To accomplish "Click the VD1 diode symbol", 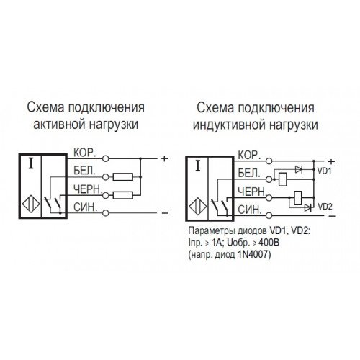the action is (299, 170).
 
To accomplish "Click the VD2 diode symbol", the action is (308, 207).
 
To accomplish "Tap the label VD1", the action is (324, 171).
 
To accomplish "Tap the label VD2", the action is (325, 207).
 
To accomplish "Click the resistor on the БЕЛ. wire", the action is (123, 177).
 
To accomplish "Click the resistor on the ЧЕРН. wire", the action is (123, 195).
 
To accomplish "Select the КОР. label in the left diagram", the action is (84, 153).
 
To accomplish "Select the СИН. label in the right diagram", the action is (249, 210).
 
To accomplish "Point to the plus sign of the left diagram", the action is (164, 158).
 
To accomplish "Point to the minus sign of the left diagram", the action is (165, 213).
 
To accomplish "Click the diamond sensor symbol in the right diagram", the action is (198, 207).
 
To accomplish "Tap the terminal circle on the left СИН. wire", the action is (106, 213).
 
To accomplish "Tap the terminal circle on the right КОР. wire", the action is (269, 161).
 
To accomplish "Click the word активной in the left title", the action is (59, 125).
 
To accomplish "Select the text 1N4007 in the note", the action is (253, 254).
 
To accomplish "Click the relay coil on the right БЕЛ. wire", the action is (283, 179).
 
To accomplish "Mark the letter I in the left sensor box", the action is (31, 163).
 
